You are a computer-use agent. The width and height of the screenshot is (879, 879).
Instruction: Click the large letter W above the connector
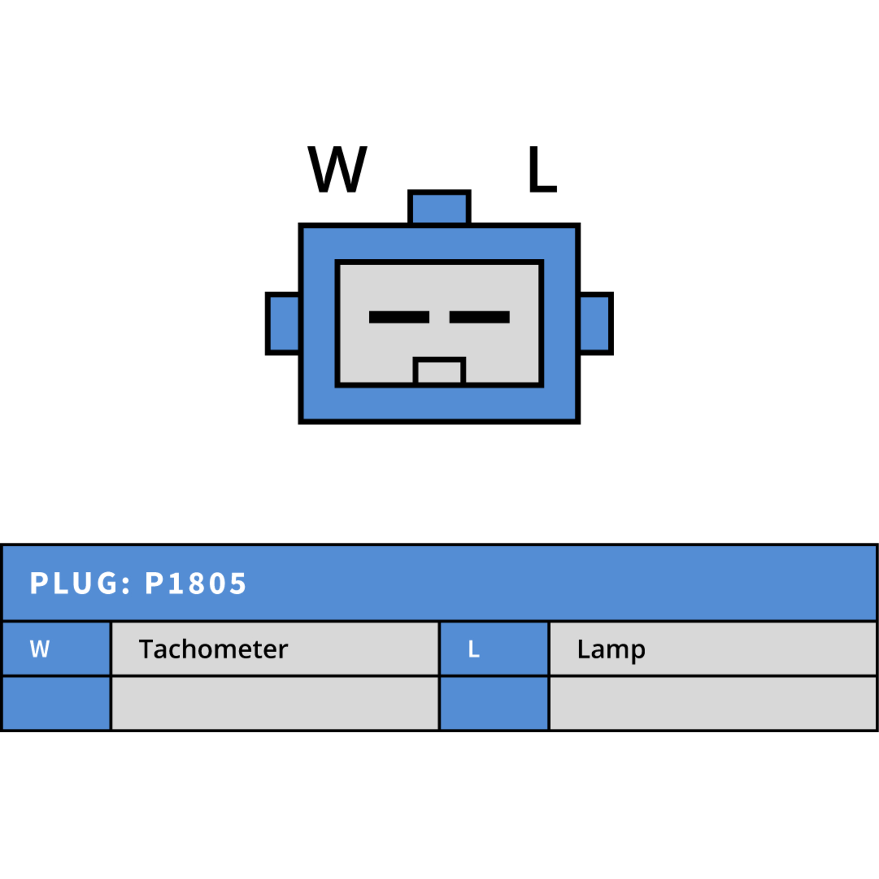click(x=337, y=169)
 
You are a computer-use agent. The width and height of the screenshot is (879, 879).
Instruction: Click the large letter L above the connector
click(x=542, y=169)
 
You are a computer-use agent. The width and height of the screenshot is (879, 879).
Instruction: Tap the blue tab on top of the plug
click(x=439, y=207)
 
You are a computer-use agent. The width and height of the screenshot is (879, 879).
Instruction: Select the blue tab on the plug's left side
click(x=283, y=324)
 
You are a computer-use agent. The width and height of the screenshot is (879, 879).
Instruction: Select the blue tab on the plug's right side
click(x=596, y=324)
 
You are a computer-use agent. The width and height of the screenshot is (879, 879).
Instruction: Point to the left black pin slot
click(x=399, y=317)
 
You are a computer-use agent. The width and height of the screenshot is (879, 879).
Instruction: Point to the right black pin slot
click(x=480, y=317)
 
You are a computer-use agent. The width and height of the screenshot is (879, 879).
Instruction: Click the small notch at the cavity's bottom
click(x=439, y=370)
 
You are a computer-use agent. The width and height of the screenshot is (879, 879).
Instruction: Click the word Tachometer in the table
click(x=213, y=649)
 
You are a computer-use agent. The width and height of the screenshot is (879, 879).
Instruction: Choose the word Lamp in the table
click(x=611, y=650)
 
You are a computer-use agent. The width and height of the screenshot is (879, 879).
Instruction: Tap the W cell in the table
click(x=57, y=649)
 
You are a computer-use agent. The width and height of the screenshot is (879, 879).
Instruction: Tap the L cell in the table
click(x=494, y=649)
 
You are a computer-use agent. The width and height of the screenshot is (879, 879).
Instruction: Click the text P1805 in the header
click(x=196, y=583)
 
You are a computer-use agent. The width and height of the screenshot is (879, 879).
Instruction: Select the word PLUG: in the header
click(x=80, y=583)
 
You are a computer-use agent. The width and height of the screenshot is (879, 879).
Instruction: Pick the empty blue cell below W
click(x=57, y=703)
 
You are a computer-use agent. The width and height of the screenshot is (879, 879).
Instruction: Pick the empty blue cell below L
click(x=494, y=703)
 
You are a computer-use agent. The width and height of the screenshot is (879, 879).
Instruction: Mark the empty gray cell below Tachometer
click(x=275, y=703)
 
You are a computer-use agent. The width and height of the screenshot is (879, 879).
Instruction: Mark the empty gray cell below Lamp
click(x=713, y=703)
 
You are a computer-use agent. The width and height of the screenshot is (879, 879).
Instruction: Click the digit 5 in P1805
click(x=237, y=583)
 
